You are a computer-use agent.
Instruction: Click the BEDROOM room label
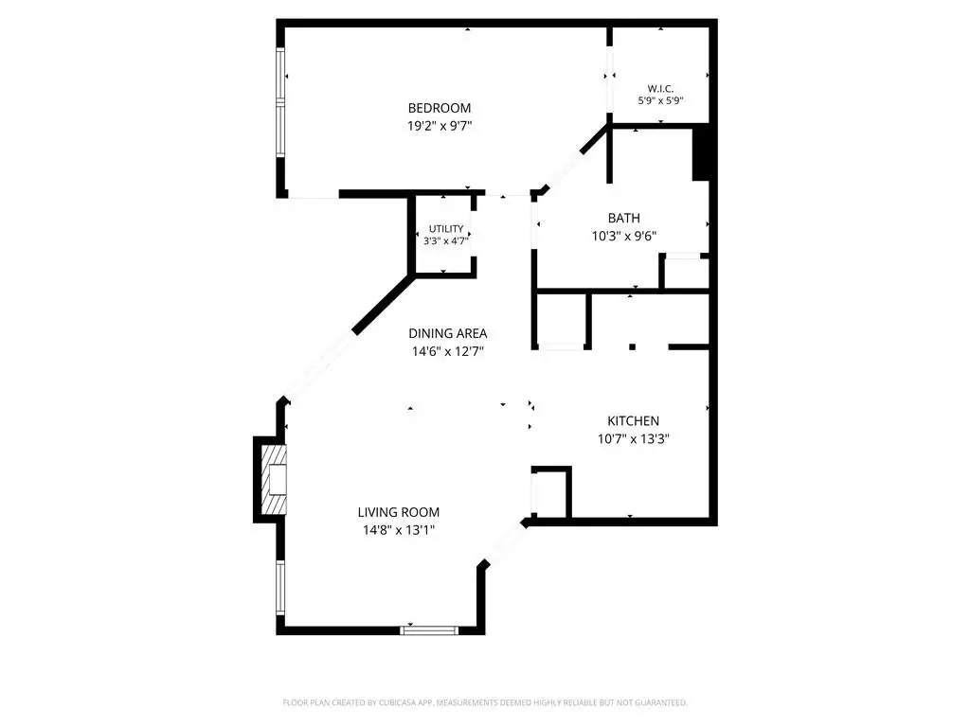(x=440, y=108)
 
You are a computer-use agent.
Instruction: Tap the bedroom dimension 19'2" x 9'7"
(x=440, y=126)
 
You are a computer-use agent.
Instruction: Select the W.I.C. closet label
(x=660, y=89)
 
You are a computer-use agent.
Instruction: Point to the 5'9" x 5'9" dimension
(x=660, y=100)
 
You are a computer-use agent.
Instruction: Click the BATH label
(x=623, y=219)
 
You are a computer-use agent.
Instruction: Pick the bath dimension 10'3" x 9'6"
(x=623, y=236)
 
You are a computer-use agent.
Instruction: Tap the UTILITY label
(x=446, y=229)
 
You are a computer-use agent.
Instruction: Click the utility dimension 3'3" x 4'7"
(x=445, y=240)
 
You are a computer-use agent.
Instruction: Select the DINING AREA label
(x=447, y=334)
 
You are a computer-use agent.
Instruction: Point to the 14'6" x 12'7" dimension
(x=447, y=352)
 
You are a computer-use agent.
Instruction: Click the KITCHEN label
(x=633, y=421)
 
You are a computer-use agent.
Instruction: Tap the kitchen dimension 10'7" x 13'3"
(x=633, y=439)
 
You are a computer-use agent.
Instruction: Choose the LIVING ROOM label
(x=399, y=512)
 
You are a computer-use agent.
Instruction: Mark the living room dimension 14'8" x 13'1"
(x=399, y=530)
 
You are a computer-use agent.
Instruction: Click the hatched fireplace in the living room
(x=274, y=480)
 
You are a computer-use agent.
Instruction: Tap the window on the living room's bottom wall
(x=429, y=630)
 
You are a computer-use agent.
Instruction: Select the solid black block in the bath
(x=700, y=152)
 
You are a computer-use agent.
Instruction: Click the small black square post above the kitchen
(x=632, y=346)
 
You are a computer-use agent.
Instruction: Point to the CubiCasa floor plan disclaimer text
(x=485, y=703)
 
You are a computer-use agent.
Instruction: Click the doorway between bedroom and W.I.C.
(x=609, y=80)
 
